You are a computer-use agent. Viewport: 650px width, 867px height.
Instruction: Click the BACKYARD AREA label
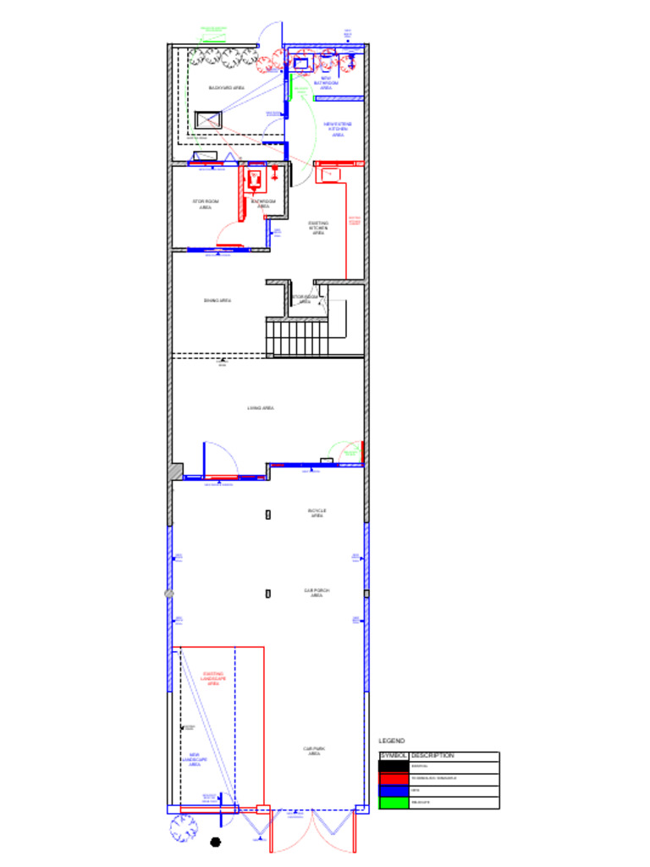coord(227,87)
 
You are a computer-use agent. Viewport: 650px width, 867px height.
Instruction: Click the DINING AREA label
coord(218,301)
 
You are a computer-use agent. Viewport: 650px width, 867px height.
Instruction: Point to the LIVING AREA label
coord(260,408)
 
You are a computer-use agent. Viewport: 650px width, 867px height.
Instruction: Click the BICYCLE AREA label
coord(317,513)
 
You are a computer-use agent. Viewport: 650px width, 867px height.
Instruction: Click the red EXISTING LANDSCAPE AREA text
coord(213,678)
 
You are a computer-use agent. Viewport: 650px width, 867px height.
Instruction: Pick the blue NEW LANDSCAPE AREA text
coord(195,759)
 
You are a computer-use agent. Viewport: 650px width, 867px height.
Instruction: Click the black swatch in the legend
coord(394,765)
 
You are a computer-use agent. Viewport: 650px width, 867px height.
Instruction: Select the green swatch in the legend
coord(394,802)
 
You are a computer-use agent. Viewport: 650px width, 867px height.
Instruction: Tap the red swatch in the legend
coord(394,777)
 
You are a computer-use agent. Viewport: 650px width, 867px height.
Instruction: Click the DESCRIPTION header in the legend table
coord(432,755)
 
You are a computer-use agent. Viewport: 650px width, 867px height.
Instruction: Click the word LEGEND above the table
coord(391,741)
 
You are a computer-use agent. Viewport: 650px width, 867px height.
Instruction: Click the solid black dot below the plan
coord(215,842)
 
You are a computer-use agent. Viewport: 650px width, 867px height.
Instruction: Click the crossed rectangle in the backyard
coord(208,119)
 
